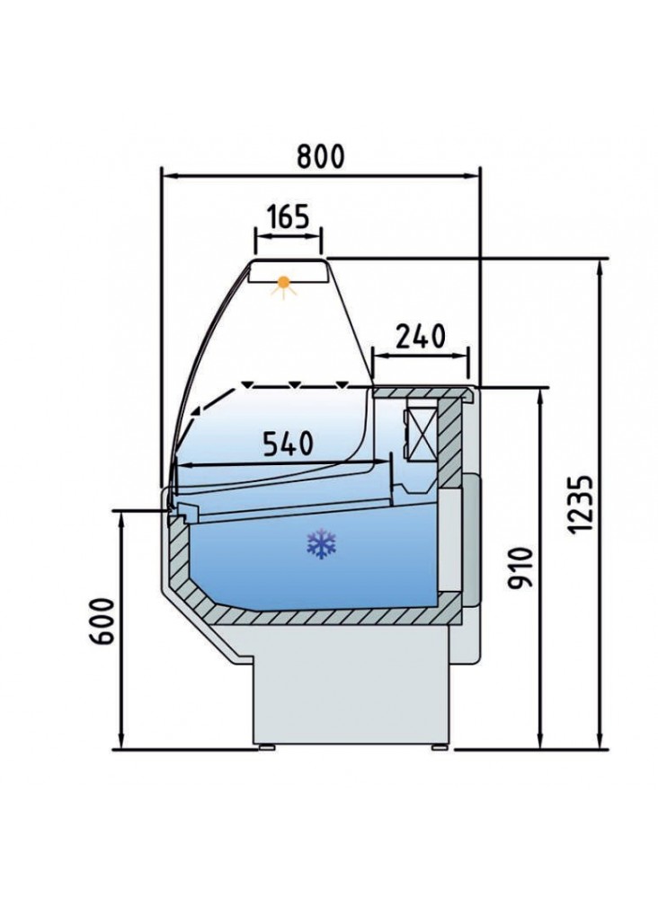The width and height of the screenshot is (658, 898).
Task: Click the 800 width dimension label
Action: point(320,155)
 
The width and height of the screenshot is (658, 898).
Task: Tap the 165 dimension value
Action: point(289,216)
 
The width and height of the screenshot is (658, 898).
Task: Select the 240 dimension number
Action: point(421,336)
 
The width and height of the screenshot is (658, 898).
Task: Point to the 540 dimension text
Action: point(289,444)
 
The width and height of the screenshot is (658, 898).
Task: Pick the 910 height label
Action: point(520,567)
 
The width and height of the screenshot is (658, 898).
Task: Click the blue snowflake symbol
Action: point(322,544)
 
